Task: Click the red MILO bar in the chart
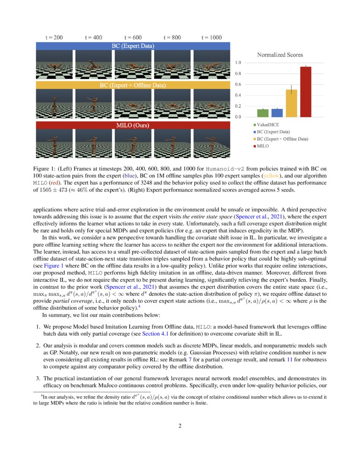[305, 92]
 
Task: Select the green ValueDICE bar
[263, 113]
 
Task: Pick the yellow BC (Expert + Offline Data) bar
[291, 103]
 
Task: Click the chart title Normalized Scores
[280, 55]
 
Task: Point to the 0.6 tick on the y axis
[238, 84]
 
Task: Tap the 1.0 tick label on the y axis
[238, 63]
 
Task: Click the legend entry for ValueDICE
[269, 125]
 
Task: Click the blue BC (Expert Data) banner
[133, 46]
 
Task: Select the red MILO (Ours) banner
[133, 125]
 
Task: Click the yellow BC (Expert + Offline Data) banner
[133, 85]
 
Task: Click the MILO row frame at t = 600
[133, 144]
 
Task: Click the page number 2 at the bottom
[180, 426]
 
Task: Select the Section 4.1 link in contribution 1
[154, 333]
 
